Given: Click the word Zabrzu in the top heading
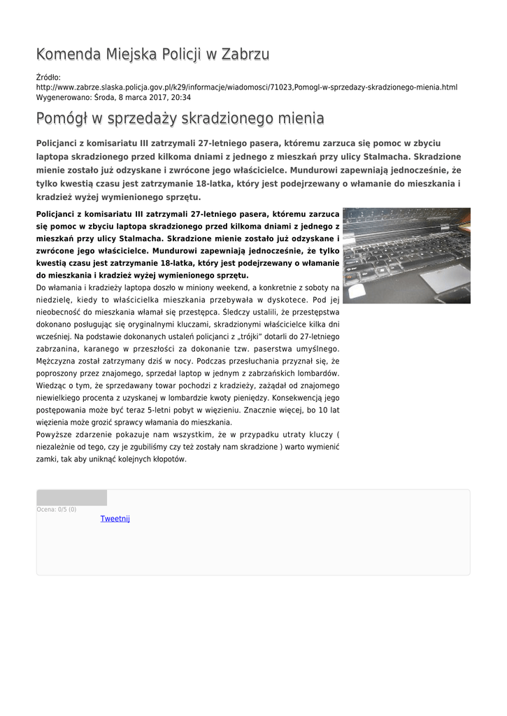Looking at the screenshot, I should [245, 55].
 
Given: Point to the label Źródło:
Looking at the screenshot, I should [48, 77].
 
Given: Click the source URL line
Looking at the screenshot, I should [246, 87].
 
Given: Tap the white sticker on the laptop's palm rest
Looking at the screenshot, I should [357, 291].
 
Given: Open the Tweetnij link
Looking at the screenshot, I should [115, 519].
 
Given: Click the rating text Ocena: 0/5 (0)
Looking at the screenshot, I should [57, 510].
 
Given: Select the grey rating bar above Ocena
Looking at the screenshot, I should [71, 498].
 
